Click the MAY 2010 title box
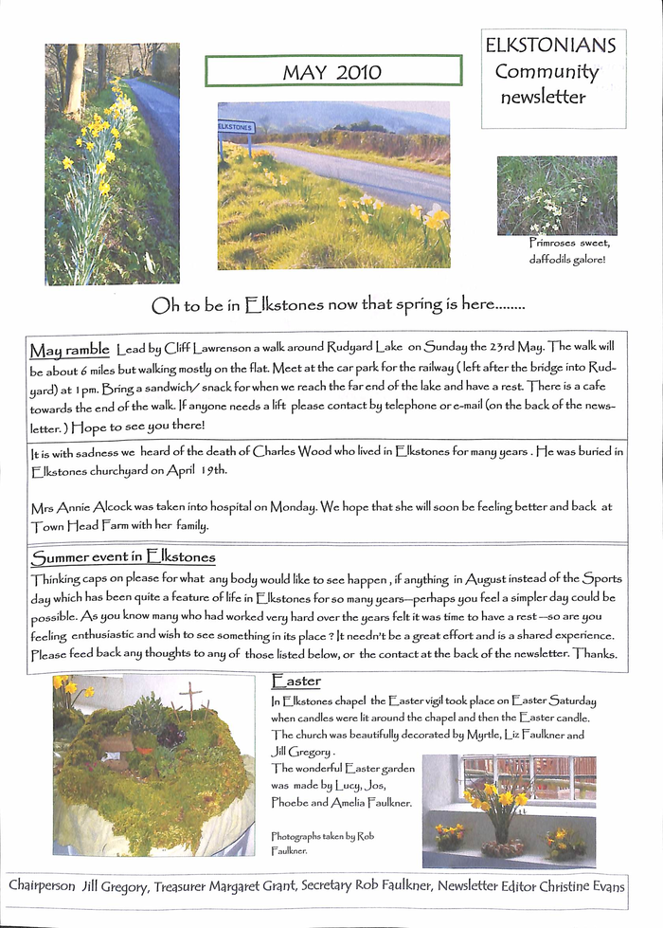tap(333, 71)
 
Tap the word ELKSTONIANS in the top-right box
tap(550, 45)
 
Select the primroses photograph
tap(556, 195)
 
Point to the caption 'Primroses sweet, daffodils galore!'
tap(568, 251)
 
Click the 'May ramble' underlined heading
tap(69, 349)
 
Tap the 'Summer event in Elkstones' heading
tap(123, 556)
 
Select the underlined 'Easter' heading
tap(296, 681)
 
